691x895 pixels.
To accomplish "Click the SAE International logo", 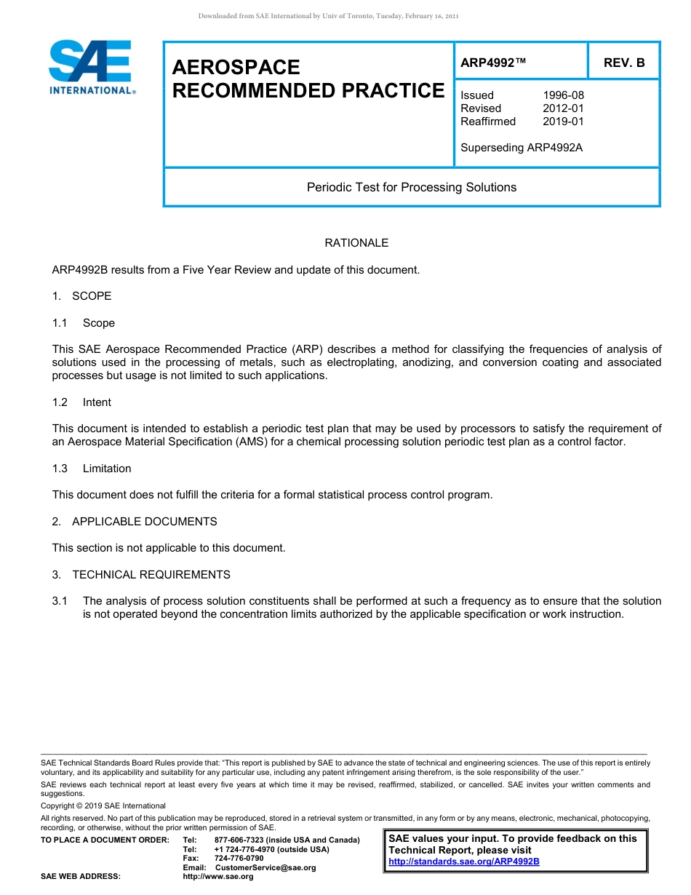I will (92, 67).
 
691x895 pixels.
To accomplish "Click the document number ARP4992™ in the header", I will (493, 63).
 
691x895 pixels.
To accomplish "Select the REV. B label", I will (624, 63).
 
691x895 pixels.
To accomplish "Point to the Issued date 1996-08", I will (563, 95).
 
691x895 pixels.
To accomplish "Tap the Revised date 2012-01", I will (563, 108).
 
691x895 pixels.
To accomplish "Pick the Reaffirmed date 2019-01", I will (563, 122).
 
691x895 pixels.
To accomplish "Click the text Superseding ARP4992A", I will (522, 148).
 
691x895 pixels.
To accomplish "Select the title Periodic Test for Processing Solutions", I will (412, 188).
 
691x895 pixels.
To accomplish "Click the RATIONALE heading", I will (356, 243).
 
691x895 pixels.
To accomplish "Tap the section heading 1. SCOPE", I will (81, 296).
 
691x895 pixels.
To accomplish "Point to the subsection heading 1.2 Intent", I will (81, 402).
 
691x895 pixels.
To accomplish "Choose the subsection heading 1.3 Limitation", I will (92, 469).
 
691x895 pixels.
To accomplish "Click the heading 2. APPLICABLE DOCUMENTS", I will (135, 522).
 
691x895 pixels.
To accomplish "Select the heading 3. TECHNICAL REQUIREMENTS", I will (141, 575).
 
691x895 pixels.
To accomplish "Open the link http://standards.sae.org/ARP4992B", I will (464, 862).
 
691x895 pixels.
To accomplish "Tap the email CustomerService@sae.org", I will (265, 867).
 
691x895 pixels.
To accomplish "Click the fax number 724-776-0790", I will (239, 859).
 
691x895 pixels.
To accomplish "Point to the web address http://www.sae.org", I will (218, 877).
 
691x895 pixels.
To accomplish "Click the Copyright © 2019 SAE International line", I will (103, 805).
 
